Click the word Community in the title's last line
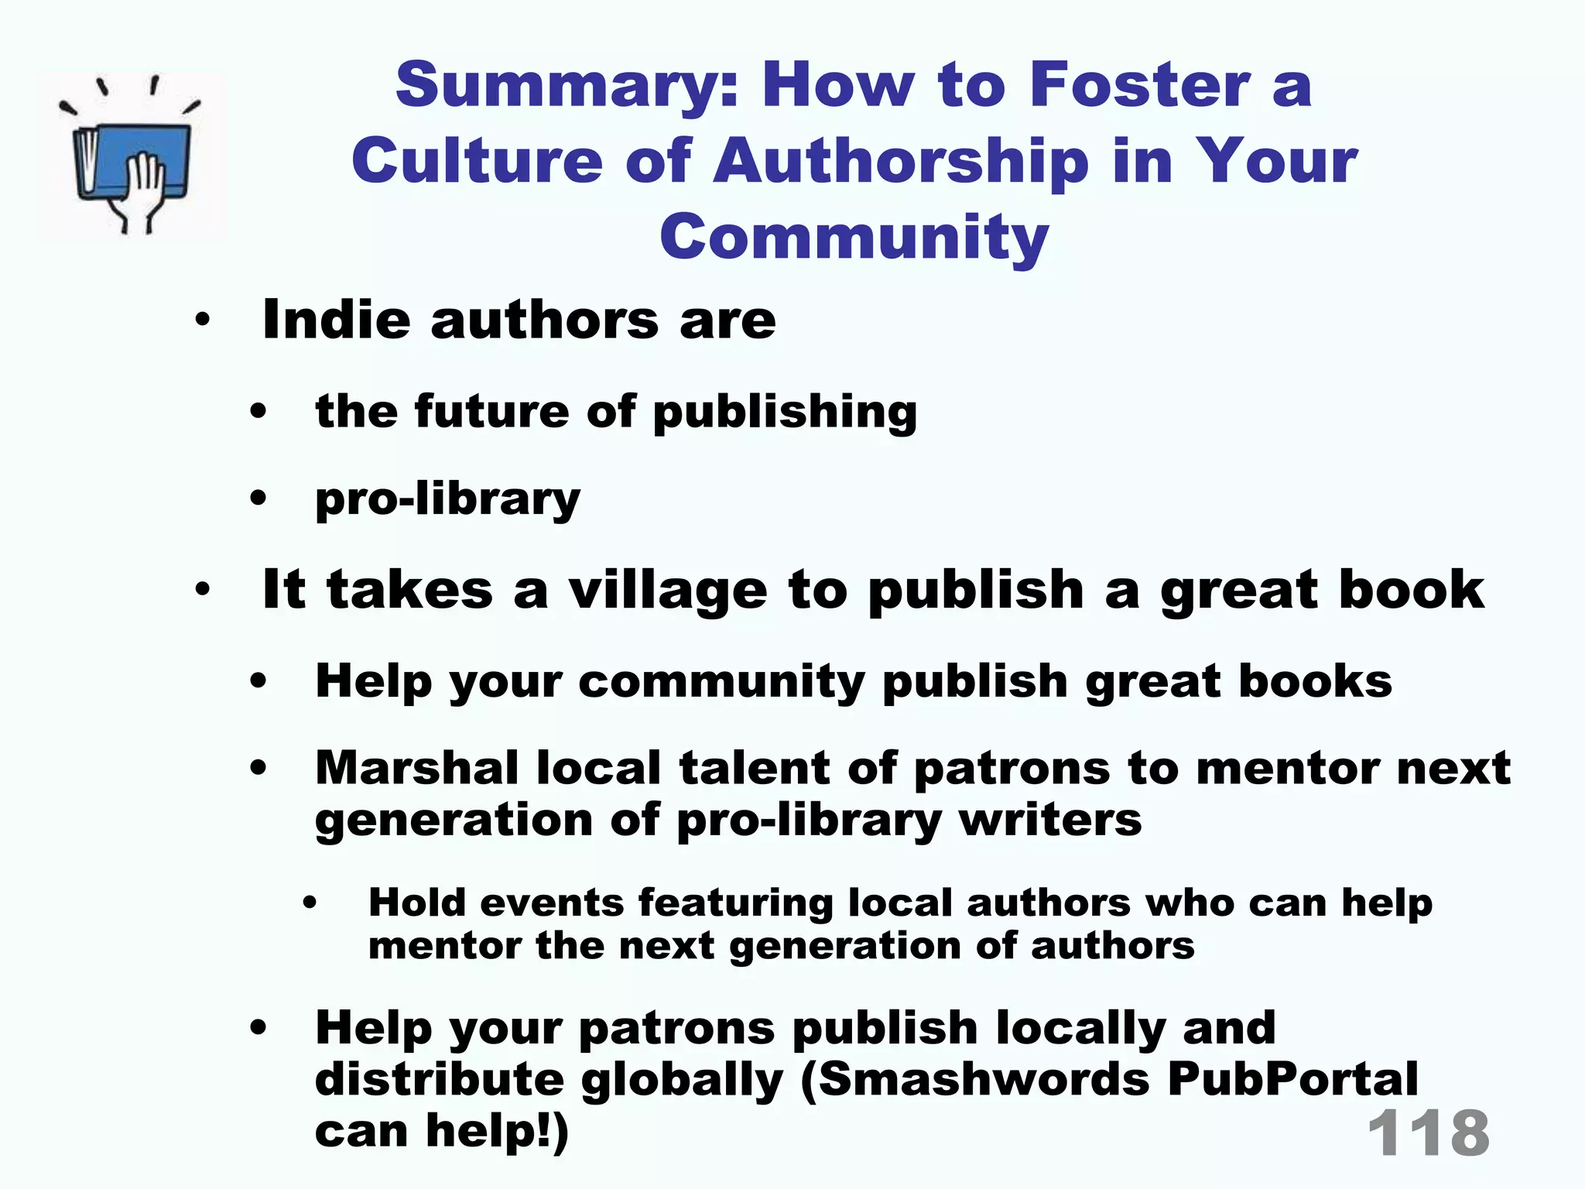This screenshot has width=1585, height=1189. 854,237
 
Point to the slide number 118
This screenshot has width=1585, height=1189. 1428,1132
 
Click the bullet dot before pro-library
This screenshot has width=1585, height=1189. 258,499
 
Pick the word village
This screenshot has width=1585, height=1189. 668,590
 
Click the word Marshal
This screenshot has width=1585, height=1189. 416,768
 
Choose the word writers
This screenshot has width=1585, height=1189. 1050,819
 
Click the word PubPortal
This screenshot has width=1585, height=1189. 1292,1079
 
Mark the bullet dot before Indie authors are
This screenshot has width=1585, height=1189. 203,320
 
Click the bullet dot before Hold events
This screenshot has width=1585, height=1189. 310,903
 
